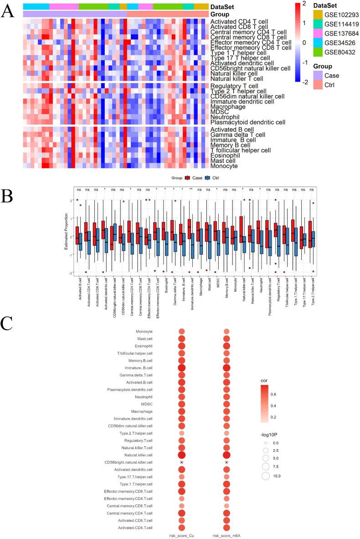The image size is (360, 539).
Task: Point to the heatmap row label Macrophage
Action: [x=229, y=107]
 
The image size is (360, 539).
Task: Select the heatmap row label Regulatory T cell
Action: [x=234, y=86]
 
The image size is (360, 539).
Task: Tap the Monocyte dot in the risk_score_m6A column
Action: [x=226, y=331]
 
